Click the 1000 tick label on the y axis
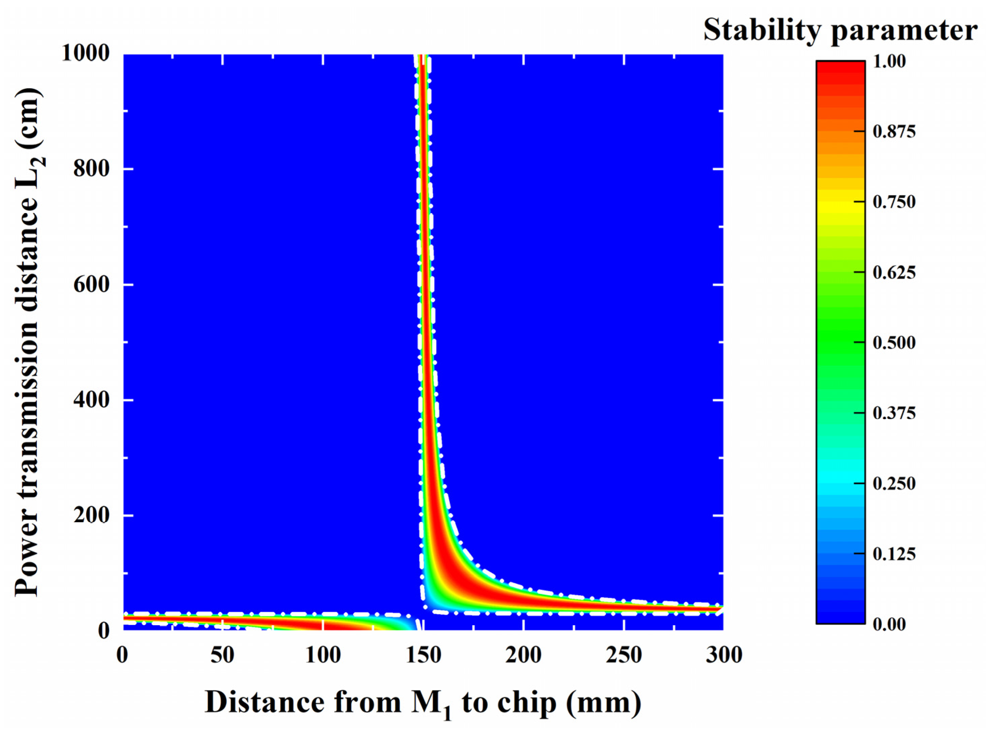[x=85, y=54]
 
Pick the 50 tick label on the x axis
[x=222, y=655]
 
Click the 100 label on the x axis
[x=323, y=655]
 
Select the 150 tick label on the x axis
[x=423, y=655]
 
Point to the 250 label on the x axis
[x=624, y=655]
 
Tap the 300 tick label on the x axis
[x=724, y=655]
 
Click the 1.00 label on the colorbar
[x=889, y=61]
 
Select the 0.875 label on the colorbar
[x=894, y=131]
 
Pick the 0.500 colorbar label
[x=894, y=343]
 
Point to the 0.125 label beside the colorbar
[x=894, y=554]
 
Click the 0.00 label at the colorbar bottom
[x=889, y=624]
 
